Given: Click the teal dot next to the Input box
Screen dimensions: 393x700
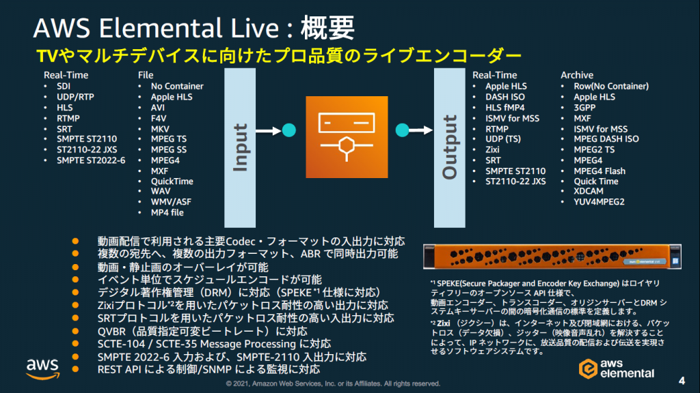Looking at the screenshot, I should point(288,129).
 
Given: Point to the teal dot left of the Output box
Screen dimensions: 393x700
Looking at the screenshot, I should point(403,129).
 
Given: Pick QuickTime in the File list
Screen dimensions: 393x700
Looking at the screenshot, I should point(172,181).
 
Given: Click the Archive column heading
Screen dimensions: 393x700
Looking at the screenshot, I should point(577,75).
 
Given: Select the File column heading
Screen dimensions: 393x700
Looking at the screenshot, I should point(145,75).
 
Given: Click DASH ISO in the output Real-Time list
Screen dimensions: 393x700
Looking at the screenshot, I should point(505,97).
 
